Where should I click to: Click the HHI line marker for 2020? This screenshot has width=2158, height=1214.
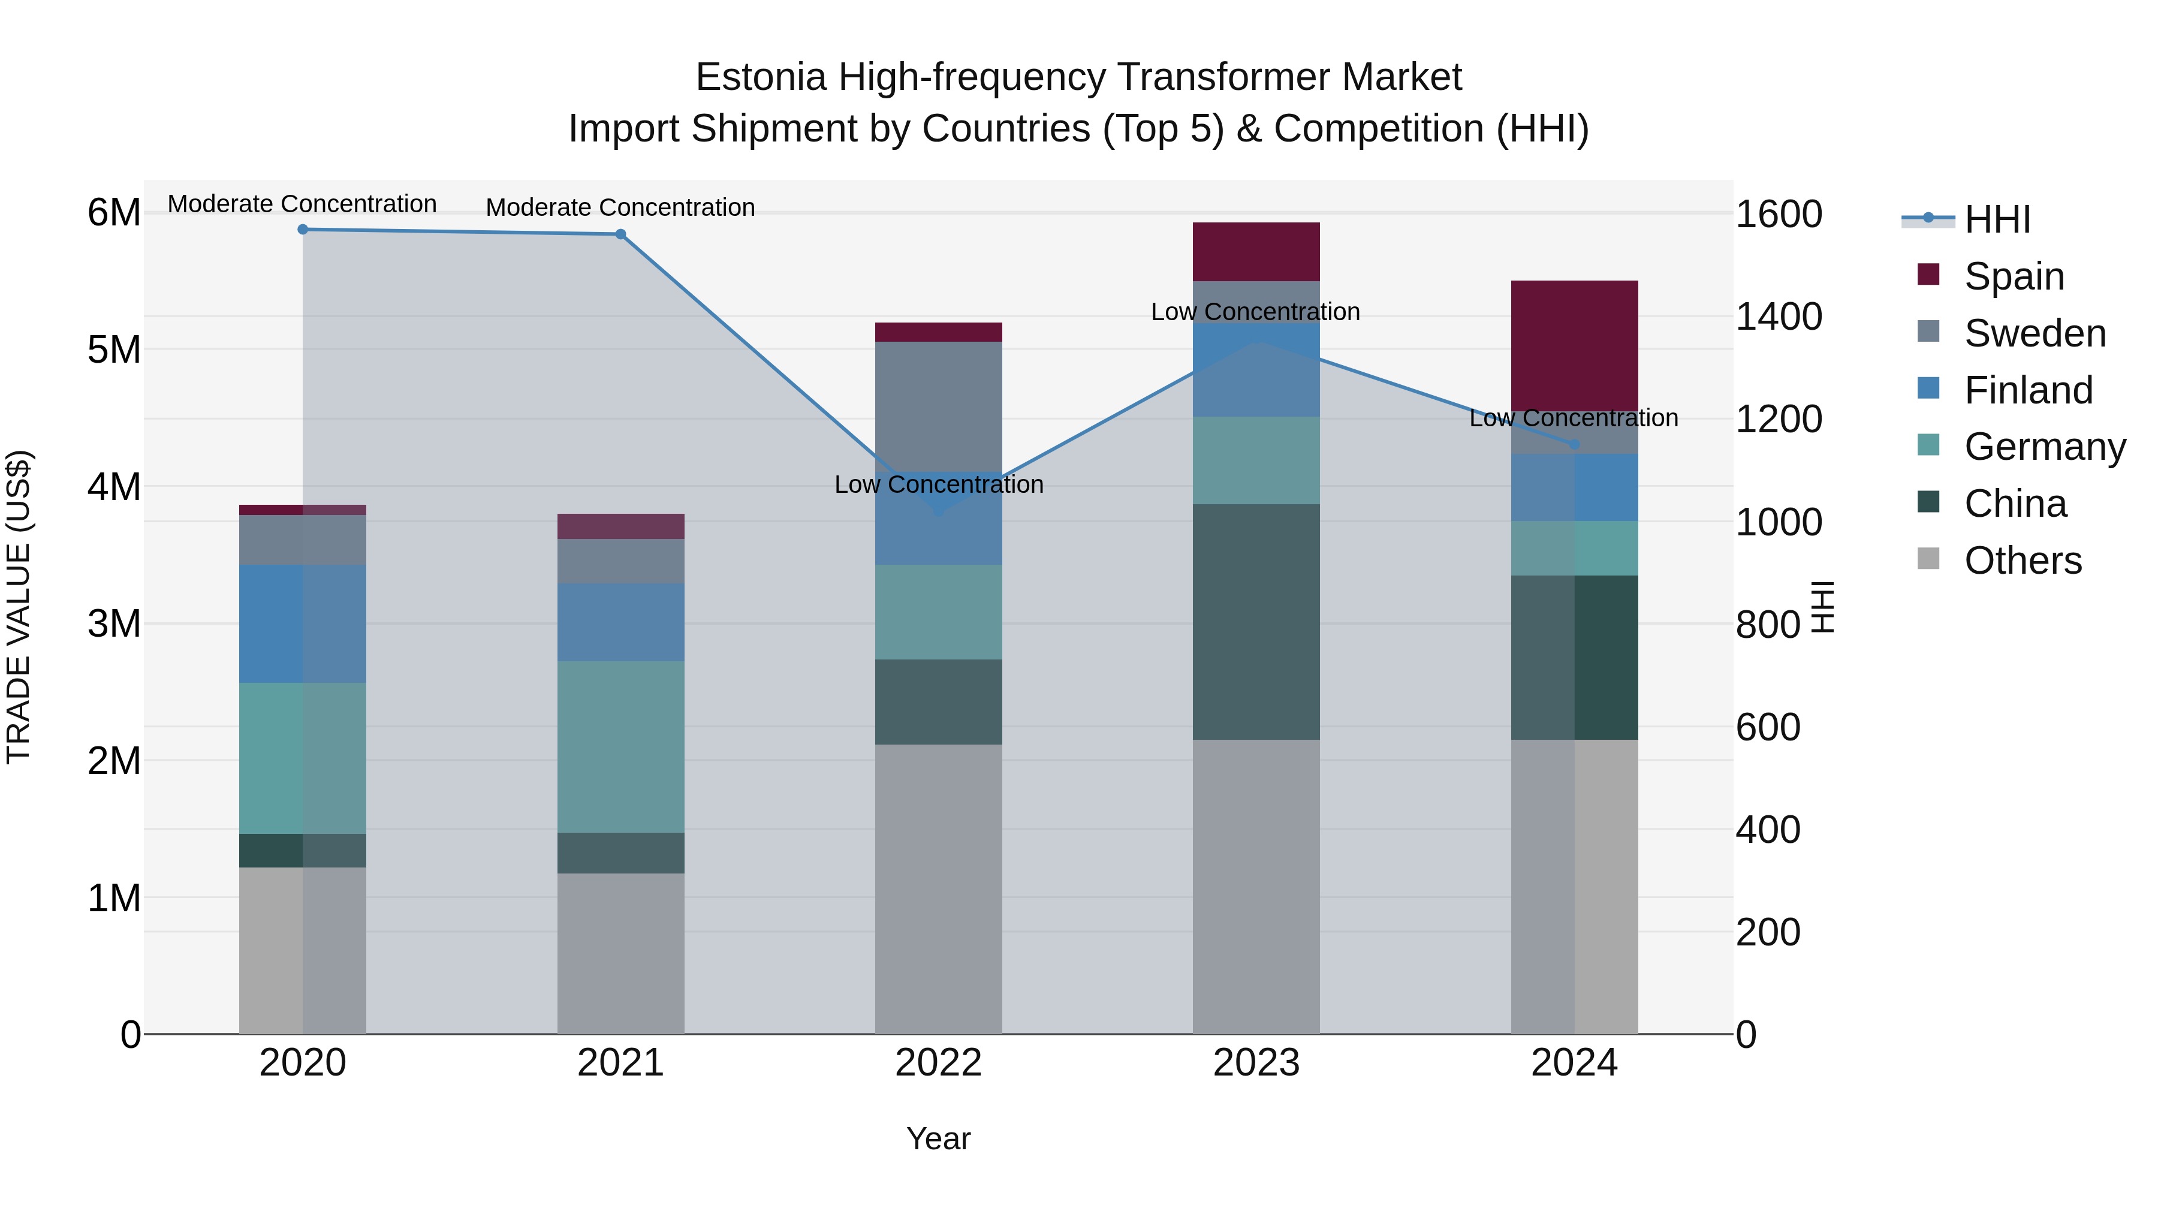[303, 230]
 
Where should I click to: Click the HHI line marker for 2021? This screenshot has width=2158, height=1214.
[621, 234]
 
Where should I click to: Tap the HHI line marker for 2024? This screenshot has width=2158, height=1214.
[1574, 444]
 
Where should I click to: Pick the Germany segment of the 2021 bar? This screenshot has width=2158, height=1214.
[621, 746]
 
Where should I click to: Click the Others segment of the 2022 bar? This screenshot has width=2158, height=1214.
[938, 888]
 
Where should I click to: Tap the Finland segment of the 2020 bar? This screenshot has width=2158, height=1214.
[303, 623]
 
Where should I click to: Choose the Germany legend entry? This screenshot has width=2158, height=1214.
[2044, 447]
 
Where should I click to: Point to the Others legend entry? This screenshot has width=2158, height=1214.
[2023, 561]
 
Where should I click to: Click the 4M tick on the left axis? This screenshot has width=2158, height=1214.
[114, 487]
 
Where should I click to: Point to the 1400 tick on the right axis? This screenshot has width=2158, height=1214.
[1778, 317]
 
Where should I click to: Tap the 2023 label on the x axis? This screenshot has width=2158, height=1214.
[1256, 1063]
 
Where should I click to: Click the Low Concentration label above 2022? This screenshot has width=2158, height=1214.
[938, 484]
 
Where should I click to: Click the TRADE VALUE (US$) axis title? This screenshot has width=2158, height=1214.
[19, 607]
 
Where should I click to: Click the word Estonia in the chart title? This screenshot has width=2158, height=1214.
[761, 77]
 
